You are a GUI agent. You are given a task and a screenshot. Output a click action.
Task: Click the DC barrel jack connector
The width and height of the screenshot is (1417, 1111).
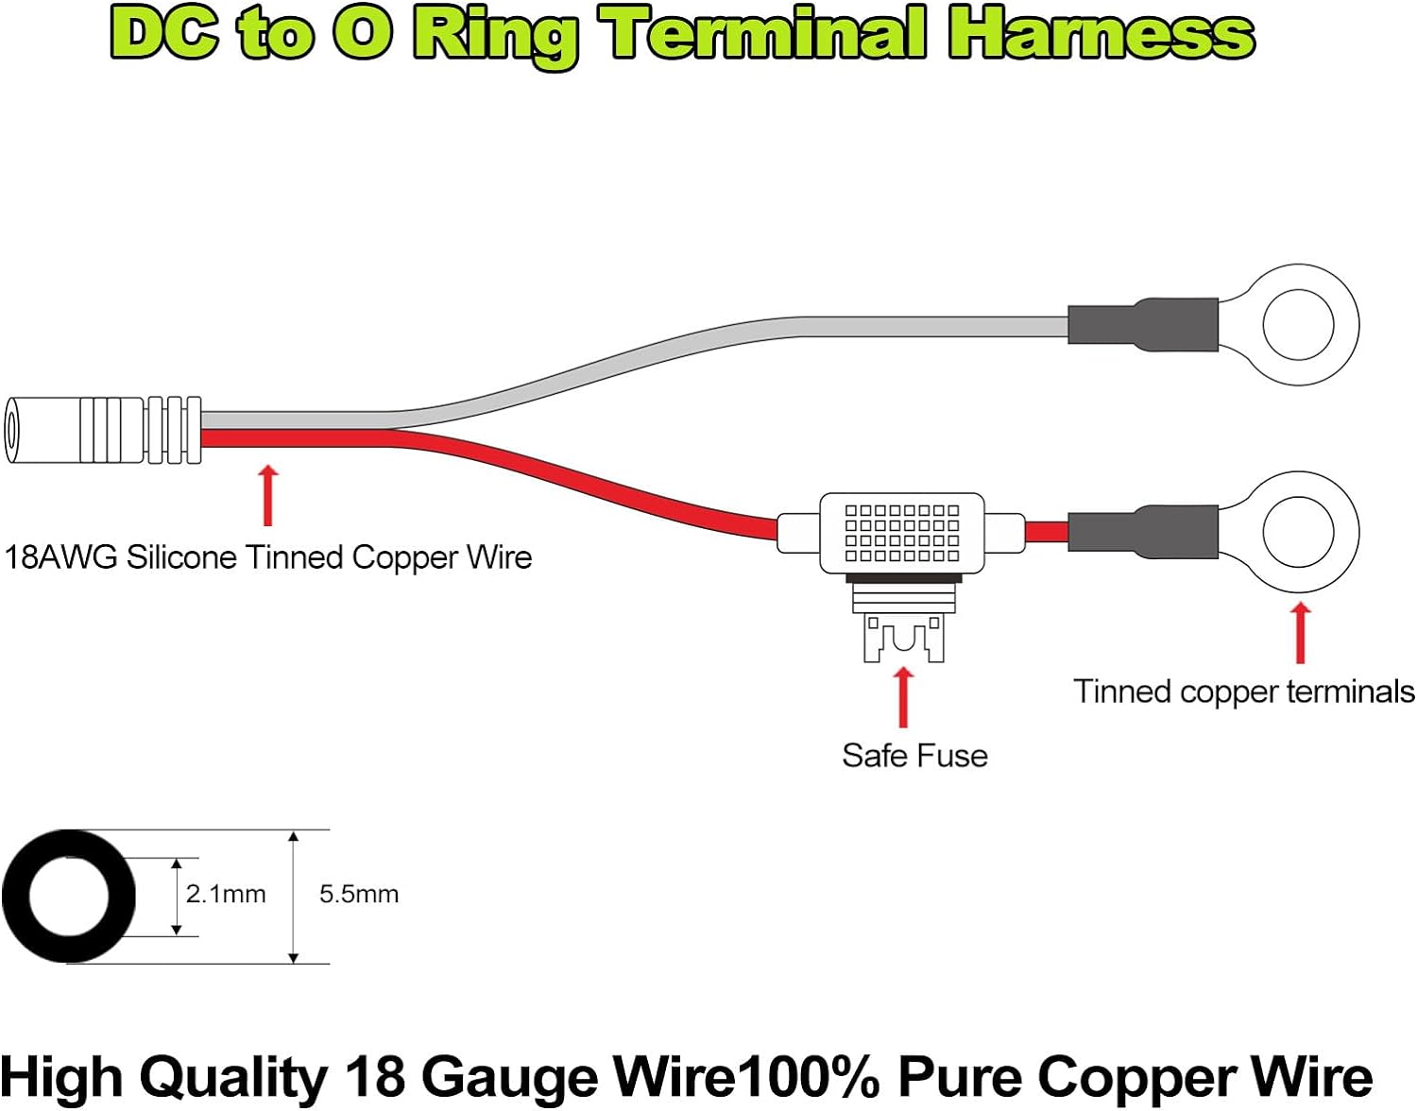(102, 430)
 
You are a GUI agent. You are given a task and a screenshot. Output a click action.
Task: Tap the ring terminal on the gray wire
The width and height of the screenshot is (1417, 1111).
(1299, 325)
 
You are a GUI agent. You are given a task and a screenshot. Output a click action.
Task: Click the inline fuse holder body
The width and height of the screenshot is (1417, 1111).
(902, 533)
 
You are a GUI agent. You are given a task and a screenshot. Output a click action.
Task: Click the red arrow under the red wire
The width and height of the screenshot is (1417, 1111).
(268, 495)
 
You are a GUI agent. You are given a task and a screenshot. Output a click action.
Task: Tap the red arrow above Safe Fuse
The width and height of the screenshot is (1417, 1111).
(903, 697)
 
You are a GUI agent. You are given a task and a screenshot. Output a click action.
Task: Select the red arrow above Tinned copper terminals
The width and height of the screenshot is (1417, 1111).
(1301, 633)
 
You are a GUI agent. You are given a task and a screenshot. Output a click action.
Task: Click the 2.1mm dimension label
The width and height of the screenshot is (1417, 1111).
(226, 894)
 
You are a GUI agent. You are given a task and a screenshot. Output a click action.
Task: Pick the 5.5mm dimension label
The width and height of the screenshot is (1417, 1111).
(359, 894)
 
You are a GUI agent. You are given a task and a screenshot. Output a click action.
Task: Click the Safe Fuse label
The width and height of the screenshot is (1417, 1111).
(914, 756)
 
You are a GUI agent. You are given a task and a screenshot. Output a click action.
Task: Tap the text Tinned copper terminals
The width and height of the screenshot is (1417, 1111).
(1244, 692)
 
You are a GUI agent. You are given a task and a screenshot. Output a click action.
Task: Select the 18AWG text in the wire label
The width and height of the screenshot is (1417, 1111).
(60, 557)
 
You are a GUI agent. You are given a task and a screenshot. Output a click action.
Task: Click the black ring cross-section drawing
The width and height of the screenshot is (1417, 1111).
(69, 897)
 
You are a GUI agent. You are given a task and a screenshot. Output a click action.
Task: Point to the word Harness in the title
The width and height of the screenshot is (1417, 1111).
(1101, 34)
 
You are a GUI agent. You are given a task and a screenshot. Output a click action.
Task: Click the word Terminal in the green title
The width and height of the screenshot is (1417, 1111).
(766, 34)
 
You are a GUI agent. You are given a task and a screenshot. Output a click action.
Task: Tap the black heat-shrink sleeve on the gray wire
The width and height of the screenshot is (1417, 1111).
(1143, 325)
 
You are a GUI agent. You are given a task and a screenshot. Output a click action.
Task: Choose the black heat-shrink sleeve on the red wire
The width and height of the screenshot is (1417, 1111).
(1143, 532)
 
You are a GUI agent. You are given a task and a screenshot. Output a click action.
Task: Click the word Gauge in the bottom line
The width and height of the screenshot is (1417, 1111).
(510, 1078)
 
